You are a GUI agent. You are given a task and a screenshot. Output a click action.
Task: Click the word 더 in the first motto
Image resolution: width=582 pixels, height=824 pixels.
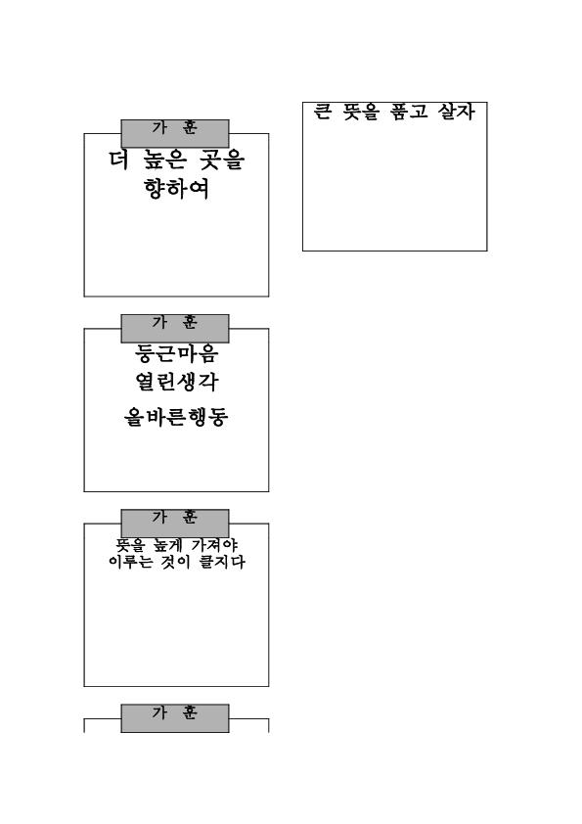click(118, 160)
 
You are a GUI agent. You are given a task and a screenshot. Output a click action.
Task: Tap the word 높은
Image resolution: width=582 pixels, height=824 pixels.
click(164, 160)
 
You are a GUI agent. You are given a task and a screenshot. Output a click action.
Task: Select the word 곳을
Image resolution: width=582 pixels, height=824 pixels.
click(223, 160)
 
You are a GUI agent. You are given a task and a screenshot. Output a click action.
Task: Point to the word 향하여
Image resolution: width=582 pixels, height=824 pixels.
click(176, 189)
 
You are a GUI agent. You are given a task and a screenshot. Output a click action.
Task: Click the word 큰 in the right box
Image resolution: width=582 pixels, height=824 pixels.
click(323, 112)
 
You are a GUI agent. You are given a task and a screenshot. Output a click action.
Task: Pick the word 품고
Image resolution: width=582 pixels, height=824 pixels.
click(409, 112)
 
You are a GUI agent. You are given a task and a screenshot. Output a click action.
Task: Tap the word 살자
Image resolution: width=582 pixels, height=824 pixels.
click(457, 112)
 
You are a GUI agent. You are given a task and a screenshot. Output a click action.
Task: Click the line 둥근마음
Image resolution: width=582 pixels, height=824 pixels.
click(176, 353)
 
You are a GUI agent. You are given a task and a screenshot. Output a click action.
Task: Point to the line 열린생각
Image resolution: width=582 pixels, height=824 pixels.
click(176, 382)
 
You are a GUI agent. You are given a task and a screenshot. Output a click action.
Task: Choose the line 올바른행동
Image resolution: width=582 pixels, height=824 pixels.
click(176, 417)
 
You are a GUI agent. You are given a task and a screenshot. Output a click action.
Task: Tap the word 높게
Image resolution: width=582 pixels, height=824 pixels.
click(166, 545)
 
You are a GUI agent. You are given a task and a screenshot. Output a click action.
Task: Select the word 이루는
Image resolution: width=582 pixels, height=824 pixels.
click(131, 562)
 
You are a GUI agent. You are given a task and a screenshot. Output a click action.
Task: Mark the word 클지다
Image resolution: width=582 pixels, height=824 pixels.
click(222, 562)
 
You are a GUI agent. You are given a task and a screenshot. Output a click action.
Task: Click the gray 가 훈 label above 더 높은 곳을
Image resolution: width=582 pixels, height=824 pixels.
click(175, 133)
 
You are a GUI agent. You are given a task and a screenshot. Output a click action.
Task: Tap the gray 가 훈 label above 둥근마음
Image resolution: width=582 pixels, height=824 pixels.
click(175, 329)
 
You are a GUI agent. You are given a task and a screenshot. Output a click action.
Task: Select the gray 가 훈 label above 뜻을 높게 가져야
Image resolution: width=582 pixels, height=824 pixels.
click(175, 524)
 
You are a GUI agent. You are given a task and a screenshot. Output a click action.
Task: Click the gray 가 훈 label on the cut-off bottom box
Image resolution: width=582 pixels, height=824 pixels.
click(175, 718)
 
